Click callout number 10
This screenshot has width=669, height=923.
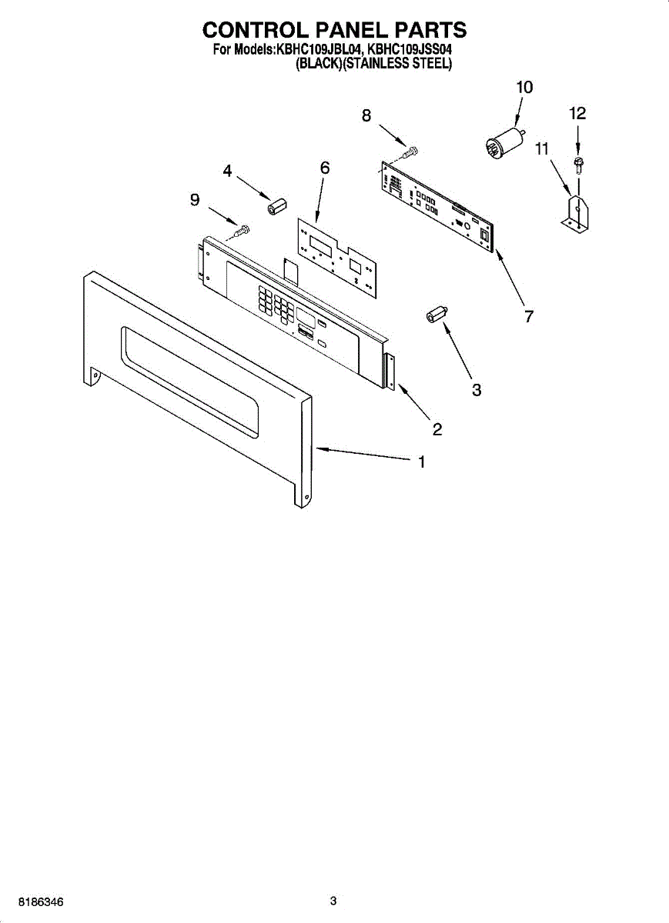pyautogui.click(x=523, y=88)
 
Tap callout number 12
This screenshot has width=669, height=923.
pyautogui.click(x=577, y=114)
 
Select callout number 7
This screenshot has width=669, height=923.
pyautogui.click(x=529, y=316)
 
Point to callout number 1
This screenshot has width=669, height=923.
pyautogui.click(x=422, y=462)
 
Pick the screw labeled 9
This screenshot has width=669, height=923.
pyautogui.click(x=243, y=228)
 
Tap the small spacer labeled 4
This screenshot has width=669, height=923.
pyautogui.click(x=276, y=206)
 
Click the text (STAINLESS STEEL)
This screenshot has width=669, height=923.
pyautogui.click(x=396, y=65)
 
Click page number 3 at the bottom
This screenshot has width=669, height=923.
pyautogui.click(x=333, y=901)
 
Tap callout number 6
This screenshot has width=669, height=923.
pyautogui.click(x=325, y=168)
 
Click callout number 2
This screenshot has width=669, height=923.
pyautogui.click(x=437, y=429)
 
